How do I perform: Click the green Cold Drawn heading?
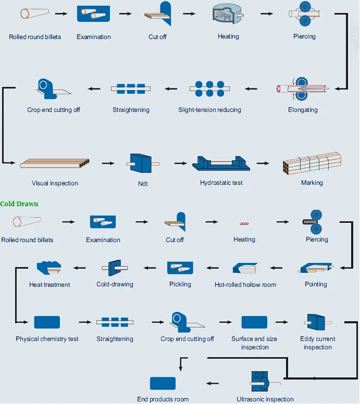click(x=19, y=204)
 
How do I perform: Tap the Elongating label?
click(x=303, y=110)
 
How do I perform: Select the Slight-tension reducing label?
click(x=209, y=110)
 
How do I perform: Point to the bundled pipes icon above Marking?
click(x=312, y=163)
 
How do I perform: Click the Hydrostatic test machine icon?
click(x=221, y=163)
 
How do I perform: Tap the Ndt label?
click(x=143, y=183)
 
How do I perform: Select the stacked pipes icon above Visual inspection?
click(x=55, y=163)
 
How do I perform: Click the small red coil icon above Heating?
click(x=244, y=224)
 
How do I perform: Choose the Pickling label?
click(x=180, y=284)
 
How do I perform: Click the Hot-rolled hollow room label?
click(x=245, y=284)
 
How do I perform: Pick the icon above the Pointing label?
click(x=316, y=268)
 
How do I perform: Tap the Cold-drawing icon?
click(x=115, y=268)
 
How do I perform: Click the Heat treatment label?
click(x=49, y=284)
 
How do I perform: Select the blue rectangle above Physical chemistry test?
click(x=47, y=322)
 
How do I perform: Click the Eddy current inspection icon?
click(x=317, y=322)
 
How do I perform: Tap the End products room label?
click(x=163, y=399)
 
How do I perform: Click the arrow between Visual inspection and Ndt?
click(x=108, y=163)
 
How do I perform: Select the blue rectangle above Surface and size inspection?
click(x=254, y=322)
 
